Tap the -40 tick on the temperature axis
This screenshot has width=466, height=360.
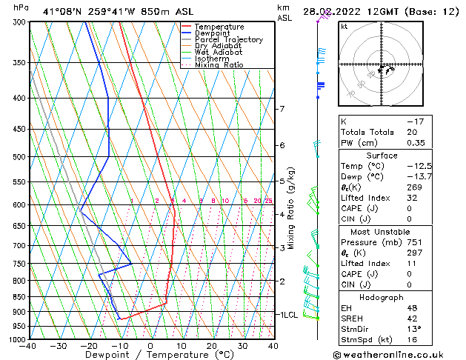pos(30,346)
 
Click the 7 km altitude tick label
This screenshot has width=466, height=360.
pos(282,109)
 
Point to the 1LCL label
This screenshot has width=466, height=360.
pos(287,315)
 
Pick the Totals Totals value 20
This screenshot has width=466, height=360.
pos(413,132)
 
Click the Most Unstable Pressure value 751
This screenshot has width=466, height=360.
pos(415,241)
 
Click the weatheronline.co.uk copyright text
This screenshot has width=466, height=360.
pos(398,354)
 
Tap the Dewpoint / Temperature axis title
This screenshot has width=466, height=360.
pos(150,355)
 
